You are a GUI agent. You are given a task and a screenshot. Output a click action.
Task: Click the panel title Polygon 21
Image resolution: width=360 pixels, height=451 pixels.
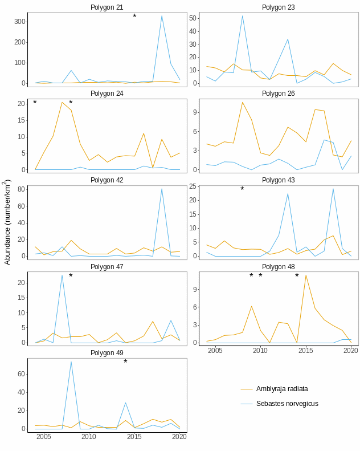coord(107,7)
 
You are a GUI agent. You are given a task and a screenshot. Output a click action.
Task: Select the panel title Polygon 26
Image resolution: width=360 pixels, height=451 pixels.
coord(278,94)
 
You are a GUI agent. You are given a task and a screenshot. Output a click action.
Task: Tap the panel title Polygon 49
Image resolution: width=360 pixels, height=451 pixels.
coord(107,353)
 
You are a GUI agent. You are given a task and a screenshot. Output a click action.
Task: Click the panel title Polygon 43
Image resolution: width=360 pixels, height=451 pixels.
coord(278,180)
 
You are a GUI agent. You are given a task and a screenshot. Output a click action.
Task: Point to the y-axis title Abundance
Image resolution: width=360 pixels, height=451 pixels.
coord(7,222)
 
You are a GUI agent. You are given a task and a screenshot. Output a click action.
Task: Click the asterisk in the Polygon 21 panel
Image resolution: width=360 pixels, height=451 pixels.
coord(134,17)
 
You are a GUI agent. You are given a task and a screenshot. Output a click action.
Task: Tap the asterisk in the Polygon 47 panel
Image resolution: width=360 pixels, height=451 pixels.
coord(71,277)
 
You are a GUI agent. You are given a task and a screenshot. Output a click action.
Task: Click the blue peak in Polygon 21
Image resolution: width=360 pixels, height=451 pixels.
coord(162,16)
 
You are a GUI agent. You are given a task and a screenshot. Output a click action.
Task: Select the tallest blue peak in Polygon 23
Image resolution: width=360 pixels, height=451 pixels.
coord(242,16)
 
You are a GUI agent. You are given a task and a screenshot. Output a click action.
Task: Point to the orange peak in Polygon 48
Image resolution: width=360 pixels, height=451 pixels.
coord(306,275)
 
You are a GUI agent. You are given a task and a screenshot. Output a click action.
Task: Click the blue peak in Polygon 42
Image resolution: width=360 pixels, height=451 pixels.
coord(162,189)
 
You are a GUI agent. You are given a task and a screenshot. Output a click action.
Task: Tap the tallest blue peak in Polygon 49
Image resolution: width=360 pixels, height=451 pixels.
coord(71,361)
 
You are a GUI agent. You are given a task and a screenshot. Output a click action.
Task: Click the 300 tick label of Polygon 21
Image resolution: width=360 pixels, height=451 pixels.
coord(20,22)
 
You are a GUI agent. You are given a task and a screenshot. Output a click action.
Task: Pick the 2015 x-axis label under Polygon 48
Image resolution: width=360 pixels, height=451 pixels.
coord(306,350)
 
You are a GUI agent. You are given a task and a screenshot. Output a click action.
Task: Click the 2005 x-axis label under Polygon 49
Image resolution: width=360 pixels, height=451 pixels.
coord(44,437)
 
